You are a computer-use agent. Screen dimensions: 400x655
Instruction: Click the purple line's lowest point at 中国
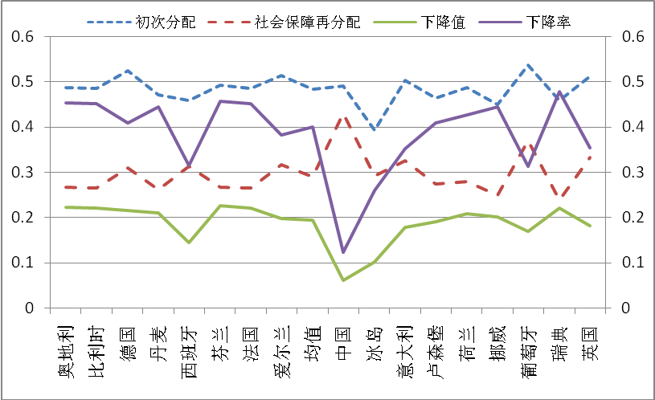343,252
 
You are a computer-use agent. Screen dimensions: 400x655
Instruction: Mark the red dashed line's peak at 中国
343,117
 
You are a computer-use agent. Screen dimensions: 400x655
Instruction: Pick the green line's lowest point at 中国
343,280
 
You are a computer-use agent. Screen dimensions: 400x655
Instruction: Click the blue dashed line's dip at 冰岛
374,129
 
